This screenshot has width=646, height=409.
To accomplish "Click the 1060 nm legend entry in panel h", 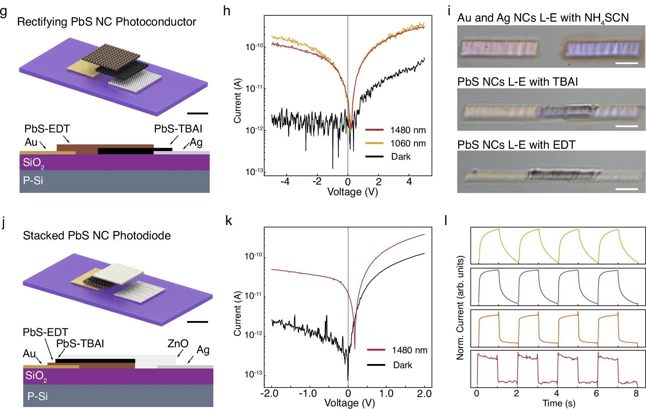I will tap(407, 143).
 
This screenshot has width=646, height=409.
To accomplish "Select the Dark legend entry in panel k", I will tap(402, 365).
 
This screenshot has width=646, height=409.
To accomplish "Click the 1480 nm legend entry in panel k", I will tap(409, 350).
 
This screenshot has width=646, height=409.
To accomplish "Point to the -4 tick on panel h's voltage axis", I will tap(285, 182).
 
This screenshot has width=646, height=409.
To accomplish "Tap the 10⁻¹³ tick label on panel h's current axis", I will tap(254, 172).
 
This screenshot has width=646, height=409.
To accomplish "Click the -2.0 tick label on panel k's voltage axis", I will tap(269, 394).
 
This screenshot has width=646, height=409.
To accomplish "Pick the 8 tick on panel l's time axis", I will tap(636, 394).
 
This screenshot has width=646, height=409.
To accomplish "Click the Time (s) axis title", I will tap(558, 403).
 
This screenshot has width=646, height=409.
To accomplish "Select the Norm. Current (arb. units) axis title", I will tap(460, 308).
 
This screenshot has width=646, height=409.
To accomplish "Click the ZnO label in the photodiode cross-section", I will tap(178, 344).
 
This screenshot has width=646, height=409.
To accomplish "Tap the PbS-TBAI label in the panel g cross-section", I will tap(178, 129).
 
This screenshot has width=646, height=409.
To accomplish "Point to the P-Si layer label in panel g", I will tap(33, 181).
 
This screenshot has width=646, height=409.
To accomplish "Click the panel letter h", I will tap(227, 11).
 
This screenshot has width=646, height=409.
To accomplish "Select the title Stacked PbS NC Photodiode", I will tap(97, 235).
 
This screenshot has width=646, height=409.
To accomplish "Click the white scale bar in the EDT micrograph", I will tap(626, 189).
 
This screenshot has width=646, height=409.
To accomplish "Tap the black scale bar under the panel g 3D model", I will tap(197, 114).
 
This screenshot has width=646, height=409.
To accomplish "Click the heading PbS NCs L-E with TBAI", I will tap(517, 82).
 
